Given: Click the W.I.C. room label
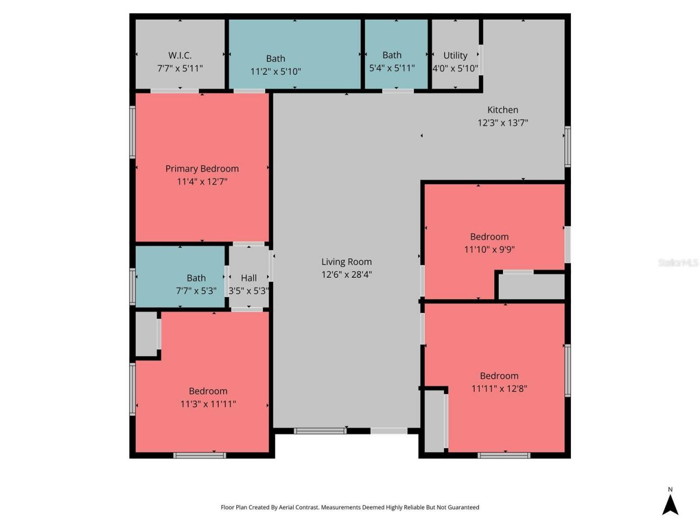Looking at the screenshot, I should [x=179, y=55].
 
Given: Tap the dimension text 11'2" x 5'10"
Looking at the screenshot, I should [x=276, y=72].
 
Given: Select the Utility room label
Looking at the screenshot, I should [x=455, y=55].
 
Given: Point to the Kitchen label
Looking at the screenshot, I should [x=503, y=110].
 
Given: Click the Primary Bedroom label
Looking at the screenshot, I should [x=202, y=168].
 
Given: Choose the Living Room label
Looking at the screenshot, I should [x=346, y=262].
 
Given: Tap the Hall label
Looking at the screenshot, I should [x=249, y=278].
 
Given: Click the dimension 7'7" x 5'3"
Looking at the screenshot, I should [x=196, y=291].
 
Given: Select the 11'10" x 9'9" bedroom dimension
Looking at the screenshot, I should [x=489, y=249].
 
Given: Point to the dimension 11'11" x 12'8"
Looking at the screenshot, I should [x=499, y=389].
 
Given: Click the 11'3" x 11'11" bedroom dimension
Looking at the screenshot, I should [x=208, y=404].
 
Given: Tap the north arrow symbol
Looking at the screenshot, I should [x=670, y=505].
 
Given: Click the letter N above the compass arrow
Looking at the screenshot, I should [x=670, y=489].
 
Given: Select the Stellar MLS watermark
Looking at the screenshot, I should [x=678, y=263].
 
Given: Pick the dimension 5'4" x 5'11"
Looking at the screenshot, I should [x=392, y=68].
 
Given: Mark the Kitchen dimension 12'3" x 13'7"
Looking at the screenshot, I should [x=503, y=123].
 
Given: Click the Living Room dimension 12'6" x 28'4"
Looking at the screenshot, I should [x=346, y=275].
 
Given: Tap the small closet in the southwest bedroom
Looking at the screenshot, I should [x=146, y=334].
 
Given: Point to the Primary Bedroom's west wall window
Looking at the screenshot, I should [x=132, y=132].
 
